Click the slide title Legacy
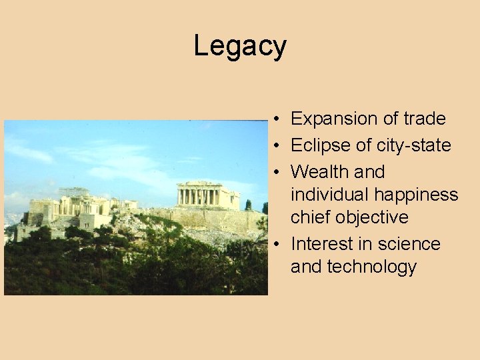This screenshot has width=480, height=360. (240, 47)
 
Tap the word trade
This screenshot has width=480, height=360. (425, 119)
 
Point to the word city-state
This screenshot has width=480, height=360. (414, 146)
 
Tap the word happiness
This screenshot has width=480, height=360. (416, 195)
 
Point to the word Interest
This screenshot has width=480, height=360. (321, 244)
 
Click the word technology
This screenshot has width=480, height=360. (375, 267)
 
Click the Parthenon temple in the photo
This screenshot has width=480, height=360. (207, 195)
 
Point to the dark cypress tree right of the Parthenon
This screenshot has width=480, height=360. (248, 205)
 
